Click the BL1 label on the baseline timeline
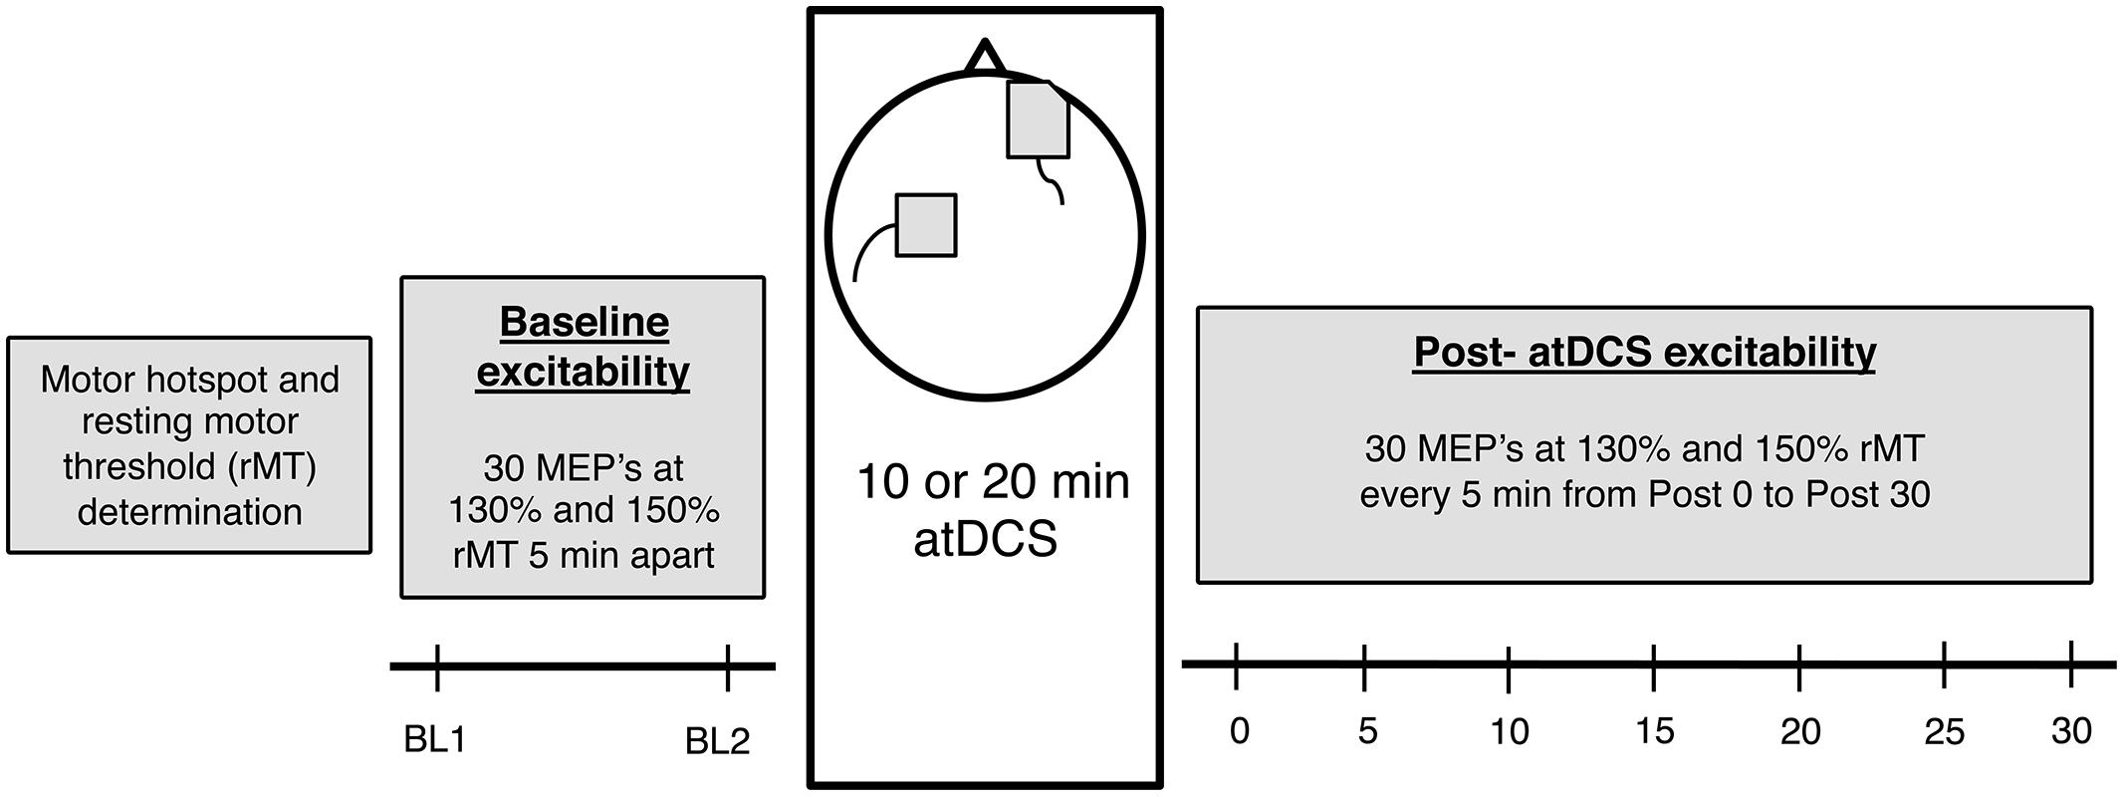click(x=435, y=740)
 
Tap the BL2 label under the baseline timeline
click(x=717, y=741)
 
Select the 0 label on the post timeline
click(x=1239, y=731)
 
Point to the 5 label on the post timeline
click(x=1367, y=731)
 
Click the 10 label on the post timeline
click(x=1510, y=732)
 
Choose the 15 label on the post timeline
click(x=1654, y=732)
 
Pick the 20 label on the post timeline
click(x=1800, y=732)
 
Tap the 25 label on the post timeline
click(x=1944, y=733)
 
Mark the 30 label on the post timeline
click(x=2071, y=731)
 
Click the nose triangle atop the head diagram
click(x=985, y=59)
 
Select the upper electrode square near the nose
click(x=1038, y=121)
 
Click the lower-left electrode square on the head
click(x=926, y=225)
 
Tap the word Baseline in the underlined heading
click(x=584, y=323)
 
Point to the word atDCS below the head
click(x=985, y=540)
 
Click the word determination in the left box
click(x=189, y=512)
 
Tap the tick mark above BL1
click(x=437, y=666)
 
